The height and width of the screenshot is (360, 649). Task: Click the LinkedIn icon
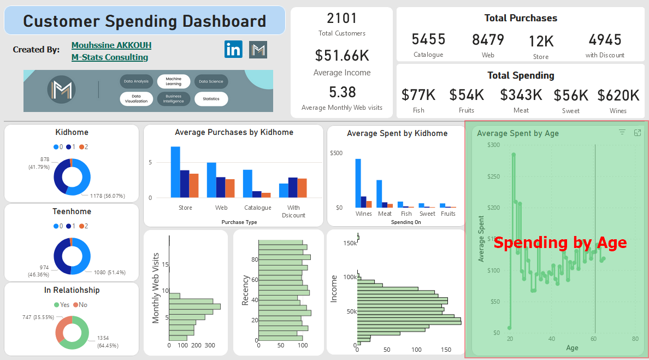tap(233, 49)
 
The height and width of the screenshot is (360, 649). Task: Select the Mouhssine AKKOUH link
tap(111, 45)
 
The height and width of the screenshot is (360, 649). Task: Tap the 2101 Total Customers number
tap(341, 19)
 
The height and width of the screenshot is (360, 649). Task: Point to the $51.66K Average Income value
tap(341, 55)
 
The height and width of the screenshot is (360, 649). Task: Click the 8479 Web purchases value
tap(488, 40)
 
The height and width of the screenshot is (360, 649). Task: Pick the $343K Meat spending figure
tap(521, 96)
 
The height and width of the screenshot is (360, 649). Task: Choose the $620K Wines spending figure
tap(618, 96)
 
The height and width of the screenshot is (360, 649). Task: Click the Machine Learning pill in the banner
tap(173, 81)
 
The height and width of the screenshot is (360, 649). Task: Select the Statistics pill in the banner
tap(211, 99)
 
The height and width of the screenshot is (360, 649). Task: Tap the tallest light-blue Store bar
tap(175, 172)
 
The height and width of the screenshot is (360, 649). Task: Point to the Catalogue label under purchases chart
tap(257, 208)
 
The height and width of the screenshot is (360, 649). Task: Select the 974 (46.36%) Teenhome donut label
tap(40, 270)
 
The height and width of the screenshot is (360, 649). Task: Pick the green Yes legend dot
tap(56, 305)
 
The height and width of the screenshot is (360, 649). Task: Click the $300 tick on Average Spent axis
tap(493, 145)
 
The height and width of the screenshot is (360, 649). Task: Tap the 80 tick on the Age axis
tap(635, 339)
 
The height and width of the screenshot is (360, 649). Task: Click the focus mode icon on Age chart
tap(637, 133)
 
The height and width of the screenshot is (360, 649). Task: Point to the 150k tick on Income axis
tap(350, 243)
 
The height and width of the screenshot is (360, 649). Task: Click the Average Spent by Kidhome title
tap(397, 133)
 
